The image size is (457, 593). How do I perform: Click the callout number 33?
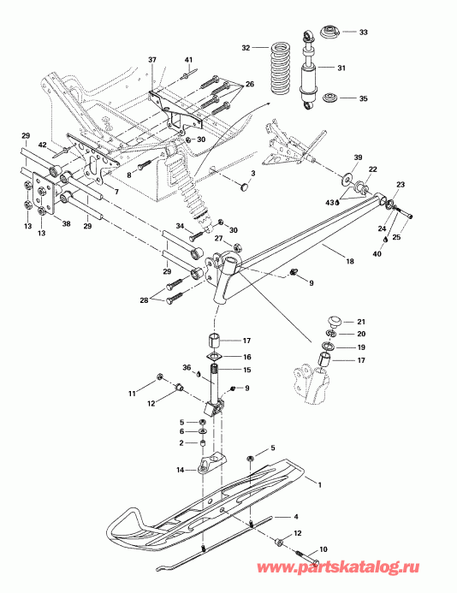point(363,33)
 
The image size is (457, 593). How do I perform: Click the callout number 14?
point(181,470)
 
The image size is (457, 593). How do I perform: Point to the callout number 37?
point(153,59)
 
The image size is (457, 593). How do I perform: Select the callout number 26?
point(249,84)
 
